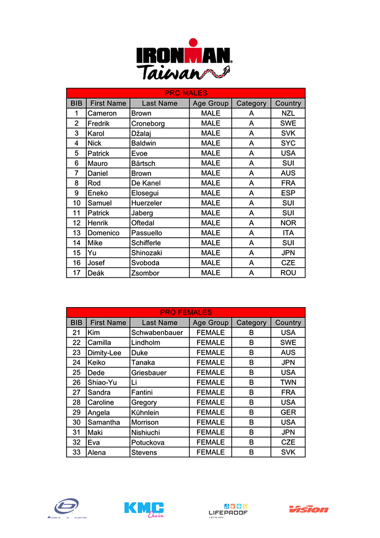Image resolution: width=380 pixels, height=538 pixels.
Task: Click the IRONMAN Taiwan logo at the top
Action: [x=184, y=61]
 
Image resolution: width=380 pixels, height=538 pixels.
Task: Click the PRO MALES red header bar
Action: [x=186, y=93]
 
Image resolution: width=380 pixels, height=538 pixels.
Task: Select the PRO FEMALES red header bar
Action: [x=186, y=313]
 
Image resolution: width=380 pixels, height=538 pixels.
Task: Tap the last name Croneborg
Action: [x=148, y=123]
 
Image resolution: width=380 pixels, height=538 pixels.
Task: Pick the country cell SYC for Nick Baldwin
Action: [x=288, y=143]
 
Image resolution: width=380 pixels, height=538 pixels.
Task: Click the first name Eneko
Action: [x=98, y=193]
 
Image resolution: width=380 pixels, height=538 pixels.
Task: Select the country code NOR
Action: [x=288, y=223]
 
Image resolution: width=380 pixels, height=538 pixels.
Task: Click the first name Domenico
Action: [x=104, y=233]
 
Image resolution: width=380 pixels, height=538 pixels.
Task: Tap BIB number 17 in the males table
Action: [x=76, y=273]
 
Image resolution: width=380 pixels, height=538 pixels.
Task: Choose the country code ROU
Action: [x=288, y=273]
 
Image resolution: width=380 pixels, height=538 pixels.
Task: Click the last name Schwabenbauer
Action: [x=157, y=333]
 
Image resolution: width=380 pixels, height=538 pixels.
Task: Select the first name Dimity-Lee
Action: [x=104, y=353]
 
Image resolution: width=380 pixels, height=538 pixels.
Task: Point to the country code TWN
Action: [x=288, y=383]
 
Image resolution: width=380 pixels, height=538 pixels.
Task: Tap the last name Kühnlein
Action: [x=147, y=412]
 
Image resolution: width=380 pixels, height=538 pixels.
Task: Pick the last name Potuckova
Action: [x=148, y=443]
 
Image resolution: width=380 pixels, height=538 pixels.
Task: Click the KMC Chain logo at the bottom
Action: [x=144, y=509]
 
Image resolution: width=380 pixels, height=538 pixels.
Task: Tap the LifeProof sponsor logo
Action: [x=228, y=509]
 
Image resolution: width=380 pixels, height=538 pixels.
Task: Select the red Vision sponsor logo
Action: [x=308, y=509]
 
